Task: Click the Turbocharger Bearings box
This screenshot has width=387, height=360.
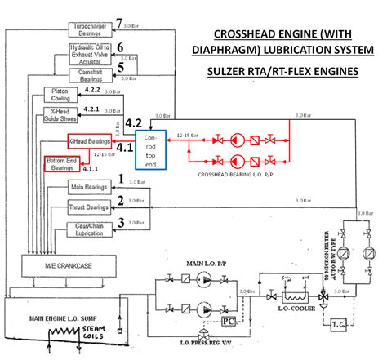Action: pyautogui.click(x=91, y=29)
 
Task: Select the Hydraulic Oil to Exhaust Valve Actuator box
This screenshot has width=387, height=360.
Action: pyautogui.click(x=91, y=55)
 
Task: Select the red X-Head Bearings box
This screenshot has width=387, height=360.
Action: pyautogui.click(x=91, y=141)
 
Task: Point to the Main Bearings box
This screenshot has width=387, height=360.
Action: pyautogui.click(x=91, y=188)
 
